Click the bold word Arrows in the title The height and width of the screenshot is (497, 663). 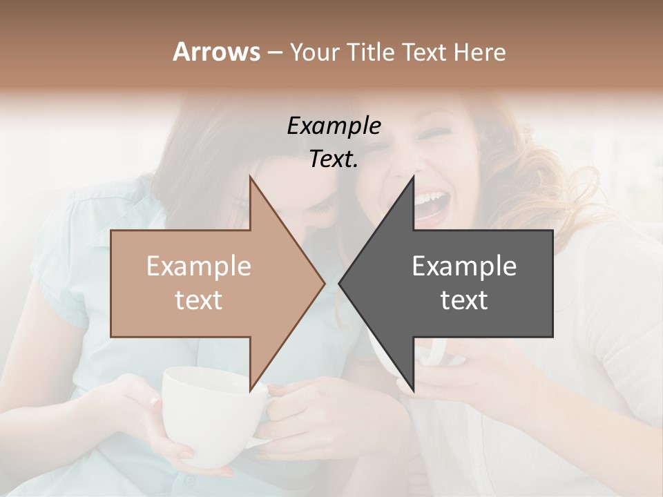click(216, 52)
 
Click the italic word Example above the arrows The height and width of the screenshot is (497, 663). click(334, 126)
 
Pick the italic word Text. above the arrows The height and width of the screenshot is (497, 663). click(334, 159)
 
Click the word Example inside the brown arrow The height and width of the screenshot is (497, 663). click(199, 266)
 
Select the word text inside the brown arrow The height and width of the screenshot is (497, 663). click(199, 300)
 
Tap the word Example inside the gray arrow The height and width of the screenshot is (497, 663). click(464, 266)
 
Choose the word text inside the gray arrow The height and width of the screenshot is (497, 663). click(464, 300)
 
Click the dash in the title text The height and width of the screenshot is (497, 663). click(274, 53)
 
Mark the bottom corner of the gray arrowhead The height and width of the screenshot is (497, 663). click(413, 391)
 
